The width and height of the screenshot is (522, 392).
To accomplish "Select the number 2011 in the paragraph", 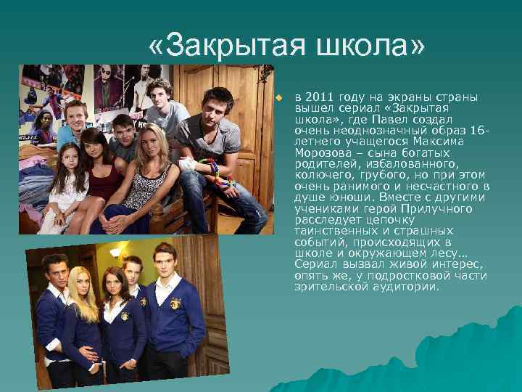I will (x=320, y=96).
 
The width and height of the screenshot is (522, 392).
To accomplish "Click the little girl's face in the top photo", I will (x=71, y=158).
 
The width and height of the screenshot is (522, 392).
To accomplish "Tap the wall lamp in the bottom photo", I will (x=116, y=253).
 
